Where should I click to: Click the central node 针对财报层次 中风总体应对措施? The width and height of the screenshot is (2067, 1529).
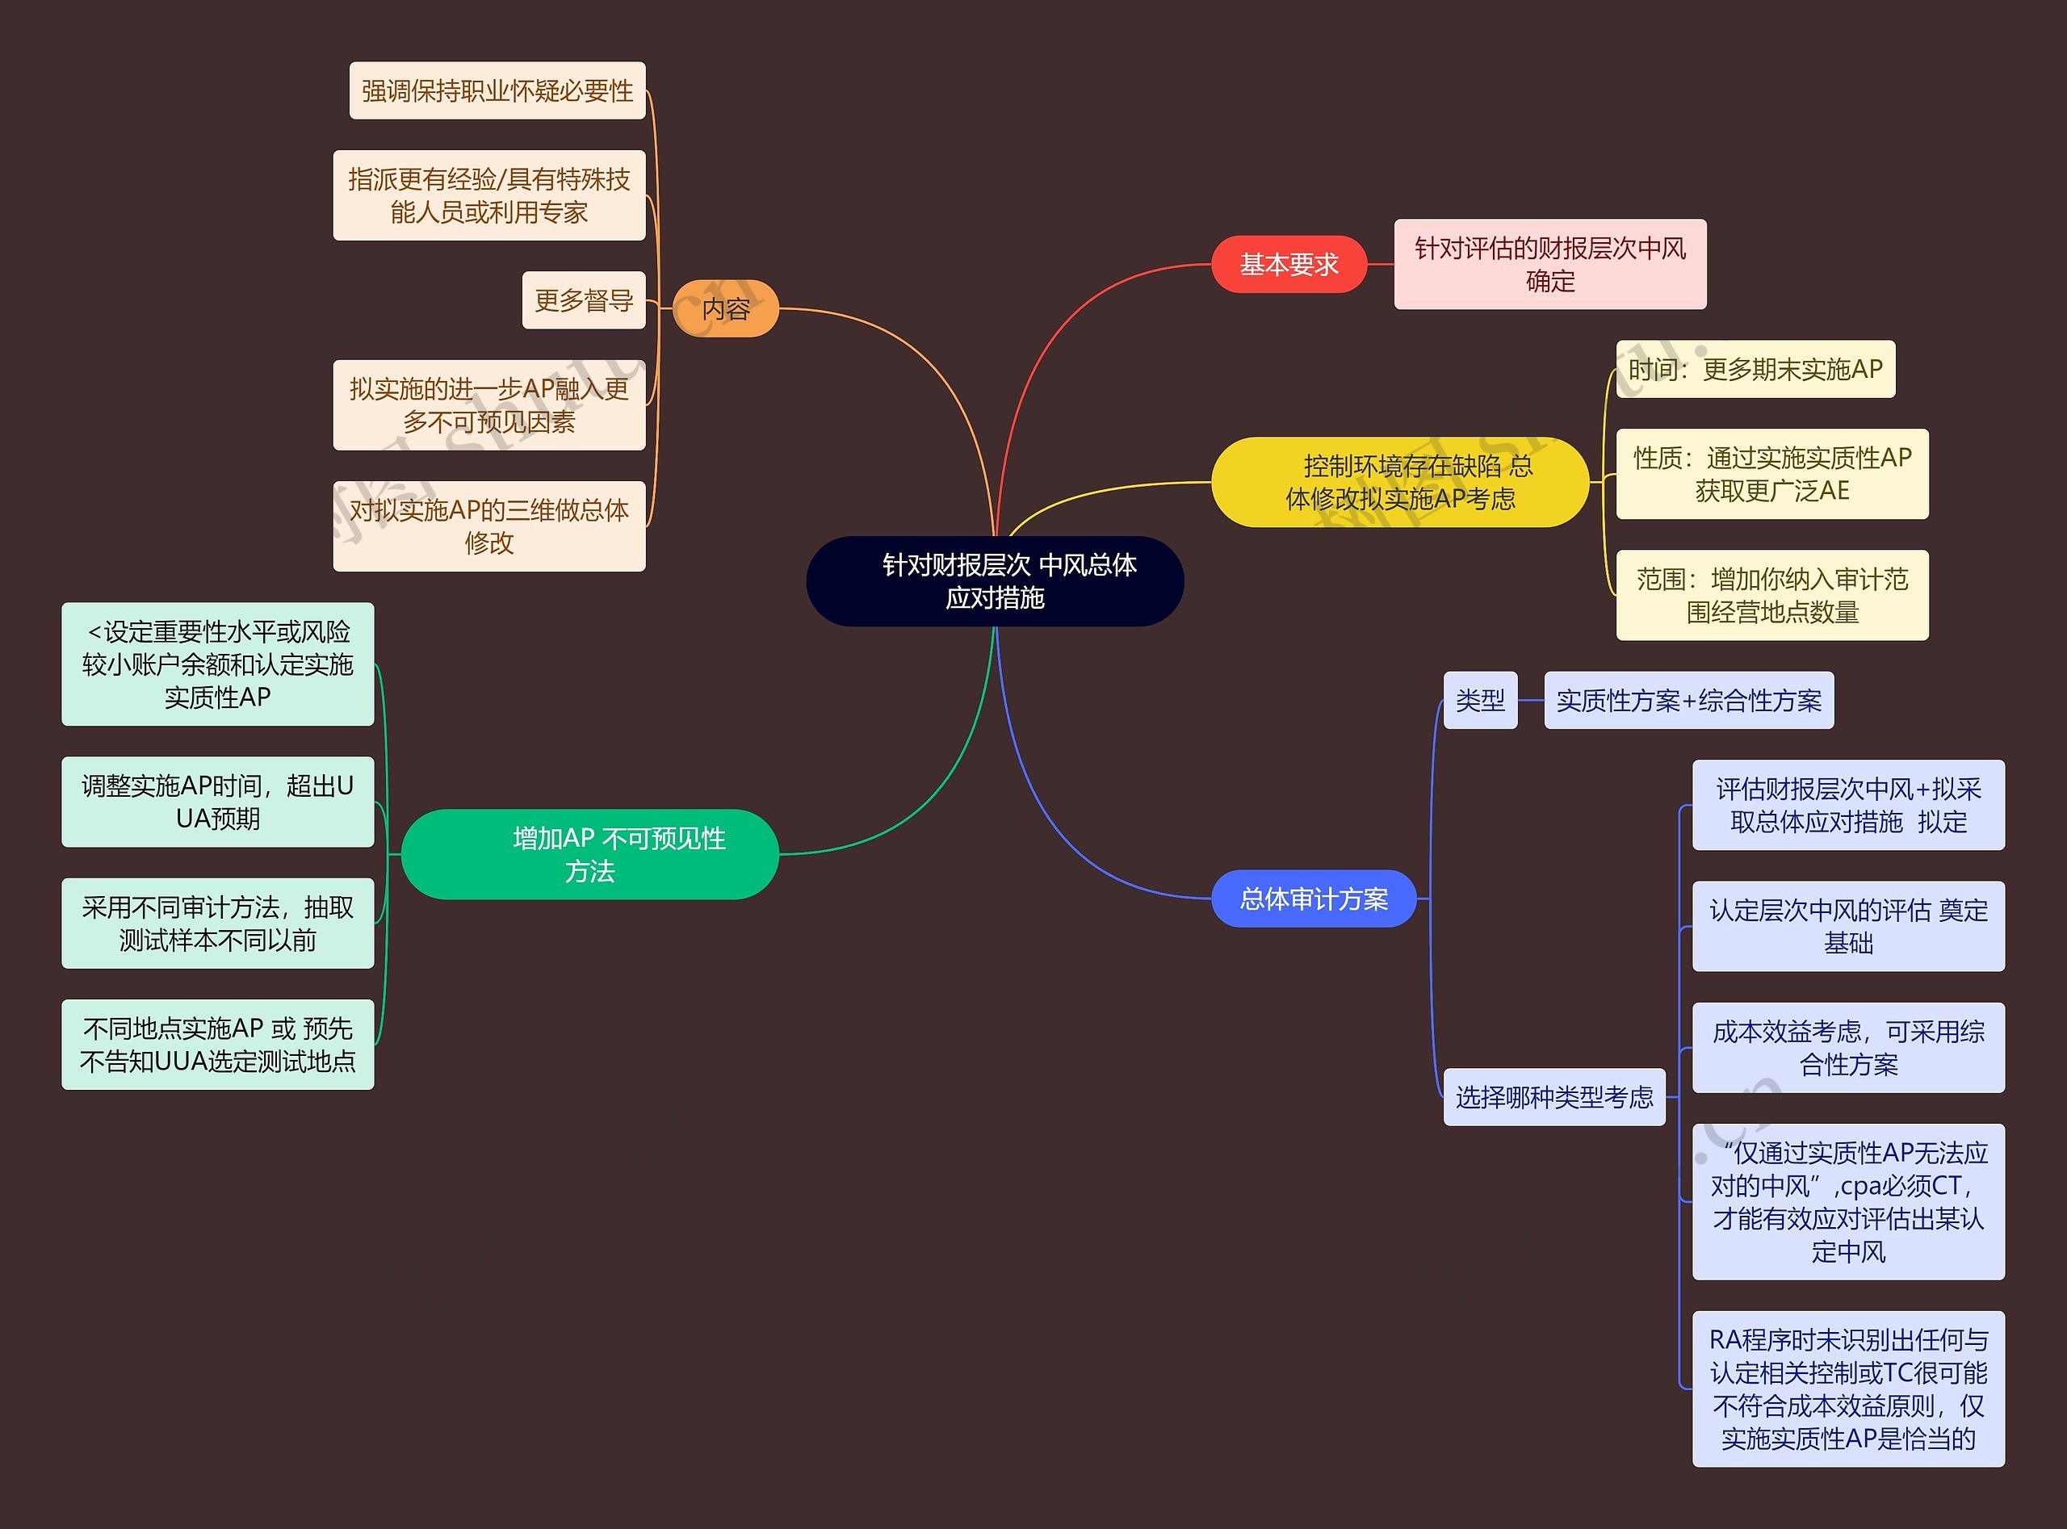point(995,581)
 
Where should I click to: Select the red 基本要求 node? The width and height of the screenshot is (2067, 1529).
point(1289,265)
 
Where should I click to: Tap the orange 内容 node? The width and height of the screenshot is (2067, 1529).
point(726,308)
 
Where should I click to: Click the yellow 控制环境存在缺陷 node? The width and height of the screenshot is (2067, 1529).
point(1399,482)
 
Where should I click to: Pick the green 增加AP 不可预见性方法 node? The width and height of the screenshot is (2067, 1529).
point(590,854)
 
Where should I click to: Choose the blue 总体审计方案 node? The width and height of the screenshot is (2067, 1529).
point(1314,899)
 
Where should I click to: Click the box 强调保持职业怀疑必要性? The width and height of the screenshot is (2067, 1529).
point(497,90)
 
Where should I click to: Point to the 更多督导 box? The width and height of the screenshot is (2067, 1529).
point(583,300)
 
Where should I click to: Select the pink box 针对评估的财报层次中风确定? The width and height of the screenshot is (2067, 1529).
point(1549,265)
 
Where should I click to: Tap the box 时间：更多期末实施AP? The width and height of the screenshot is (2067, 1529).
point(1755,369)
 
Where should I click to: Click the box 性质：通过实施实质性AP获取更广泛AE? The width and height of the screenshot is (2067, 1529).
point(1771,474)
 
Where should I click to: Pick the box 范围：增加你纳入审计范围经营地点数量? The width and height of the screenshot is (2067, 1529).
point(1771,595)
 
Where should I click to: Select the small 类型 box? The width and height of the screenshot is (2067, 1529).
point(1480,701)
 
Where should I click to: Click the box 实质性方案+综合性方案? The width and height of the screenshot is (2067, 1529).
point(1688,701)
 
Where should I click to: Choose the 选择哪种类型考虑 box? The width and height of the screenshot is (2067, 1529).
point(1554,1097)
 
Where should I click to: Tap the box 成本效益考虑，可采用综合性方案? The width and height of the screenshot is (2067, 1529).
point(1847,1048)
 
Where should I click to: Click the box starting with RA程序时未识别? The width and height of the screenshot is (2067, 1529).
point(1847,1389)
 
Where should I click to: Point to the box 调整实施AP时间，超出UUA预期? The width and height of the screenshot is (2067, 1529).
point(217,802)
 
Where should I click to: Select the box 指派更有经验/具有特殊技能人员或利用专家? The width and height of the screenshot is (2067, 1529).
point(488,195)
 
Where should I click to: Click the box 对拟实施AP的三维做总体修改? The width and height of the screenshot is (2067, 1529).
point(488,526)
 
